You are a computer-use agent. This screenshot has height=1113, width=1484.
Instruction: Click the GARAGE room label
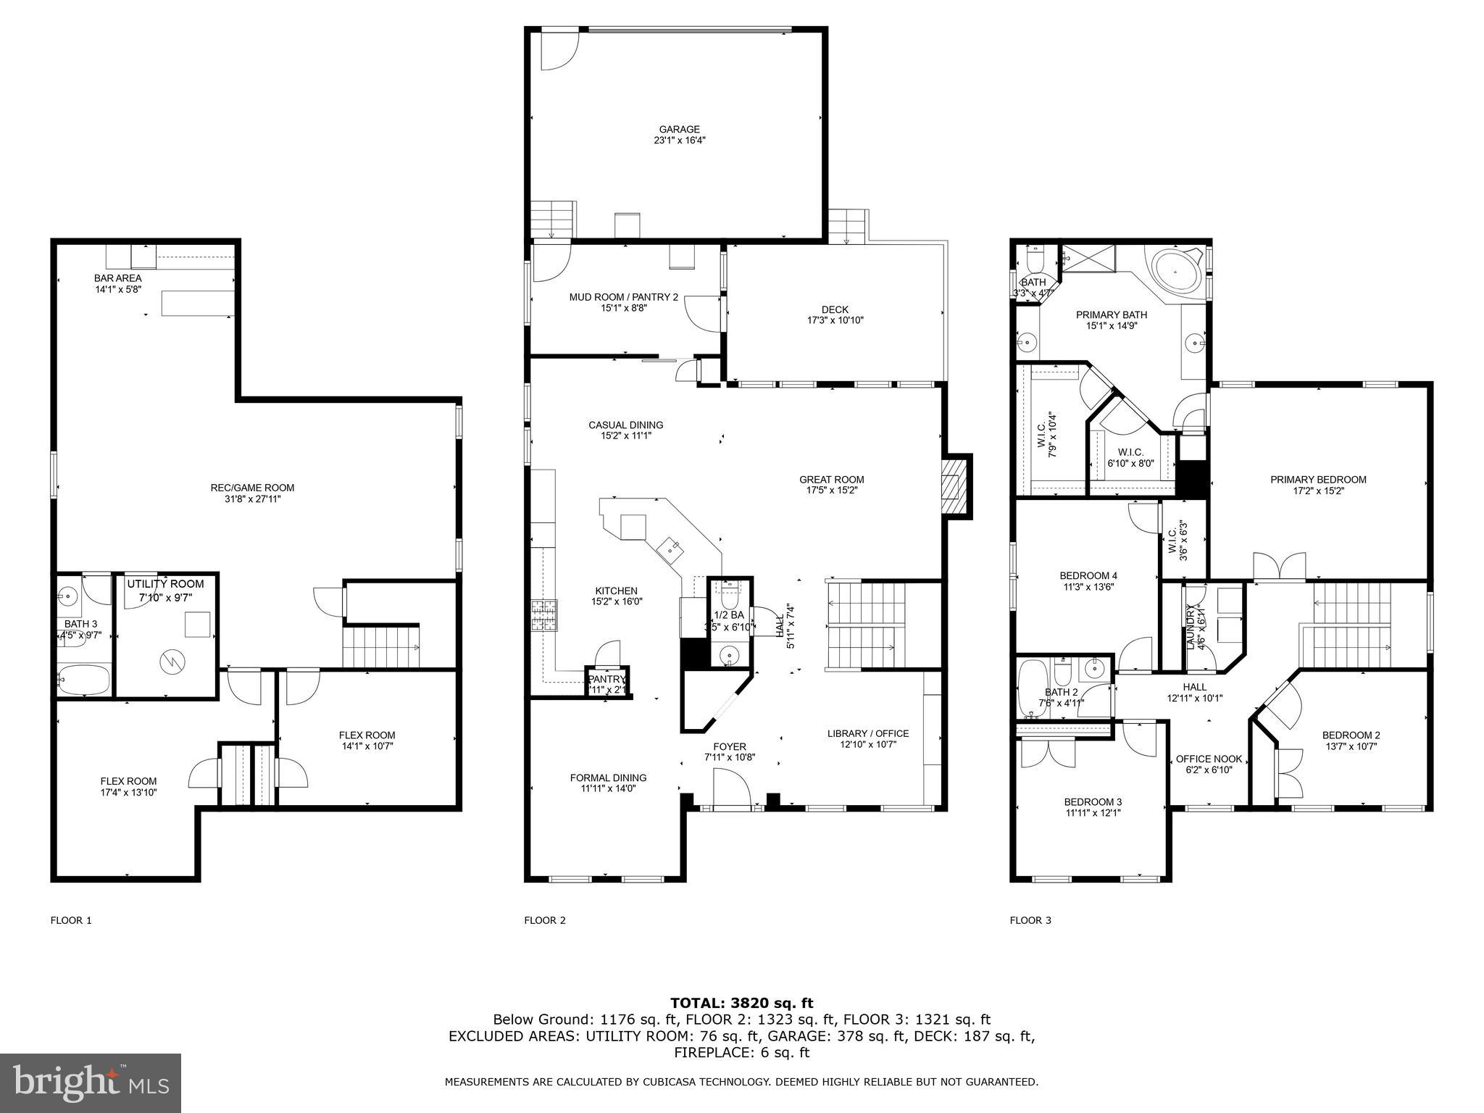click(x=679, y=130)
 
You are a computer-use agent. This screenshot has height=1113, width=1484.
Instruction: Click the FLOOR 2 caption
click(x=544, y=920)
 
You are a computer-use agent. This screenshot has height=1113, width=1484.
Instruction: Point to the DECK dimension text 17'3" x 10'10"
click(x=835, y=320)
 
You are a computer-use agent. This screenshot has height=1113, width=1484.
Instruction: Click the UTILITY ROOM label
click(x=165, y=584)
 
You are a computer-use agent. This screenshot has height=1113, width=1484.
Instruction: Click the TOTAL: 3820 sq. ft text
click(x=741, y=1003)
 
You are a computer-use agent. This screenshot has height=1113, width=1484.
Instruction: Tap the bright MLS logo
click(x=90, y=1083)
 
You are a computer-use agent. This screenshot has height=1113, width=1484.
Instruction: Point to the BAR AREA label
click(x=118, y=278)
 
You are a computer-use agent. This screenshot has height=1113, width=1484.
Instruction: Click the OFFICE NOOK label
click(x=1209, y=759)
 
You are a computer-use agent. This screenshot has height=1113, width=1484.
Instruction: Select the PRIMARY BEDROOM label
click(x=1317, y=480)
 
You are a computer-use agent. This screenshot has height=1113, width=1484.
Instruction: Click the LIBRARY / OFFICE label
click(x=867, y=733)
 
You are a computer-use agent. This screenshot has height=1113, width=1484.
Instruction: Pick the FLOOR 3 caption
click(x=1030, y=920)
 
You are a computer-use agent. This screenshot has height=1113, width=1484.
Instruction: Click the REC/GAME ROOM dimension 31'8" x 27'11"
click(x=252, y=499)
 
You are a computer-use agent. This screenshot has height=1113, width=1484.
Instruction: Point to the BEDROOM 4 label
click(x=1083, y=576)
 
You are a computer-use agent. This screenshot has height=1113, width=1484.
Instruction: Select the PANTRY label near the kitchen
click(x=606, y=679)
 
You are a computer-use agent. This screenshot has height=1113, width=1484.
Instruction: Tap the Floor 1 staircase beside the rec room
click(x=380, y=647)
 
